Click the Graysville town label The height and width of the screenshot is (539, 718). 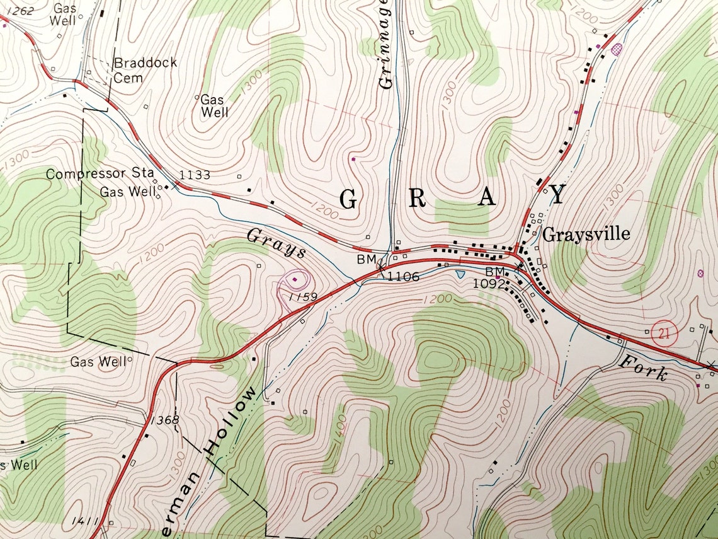586,235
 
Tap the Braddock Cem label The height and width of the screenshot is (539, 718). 145,70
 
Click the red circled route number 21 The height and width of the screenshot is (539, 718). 662,333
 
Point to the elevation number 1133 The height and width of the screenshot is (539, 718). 194,175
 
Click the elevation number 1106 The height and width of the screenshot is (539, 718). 403,276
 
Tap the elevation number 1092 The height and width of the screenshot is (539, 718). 489,284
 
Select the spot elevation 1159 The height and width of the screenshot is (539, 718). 303,296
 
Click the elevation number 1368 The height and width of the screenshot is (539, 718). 165,420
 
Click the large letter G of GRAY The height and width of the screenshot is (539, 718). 348,199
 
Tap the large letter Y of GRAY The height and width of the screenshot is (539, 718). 557,195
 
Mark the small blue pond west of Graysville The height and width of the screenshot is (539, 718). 460,275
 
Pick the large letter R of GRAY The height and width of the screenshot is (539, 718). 418,198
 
